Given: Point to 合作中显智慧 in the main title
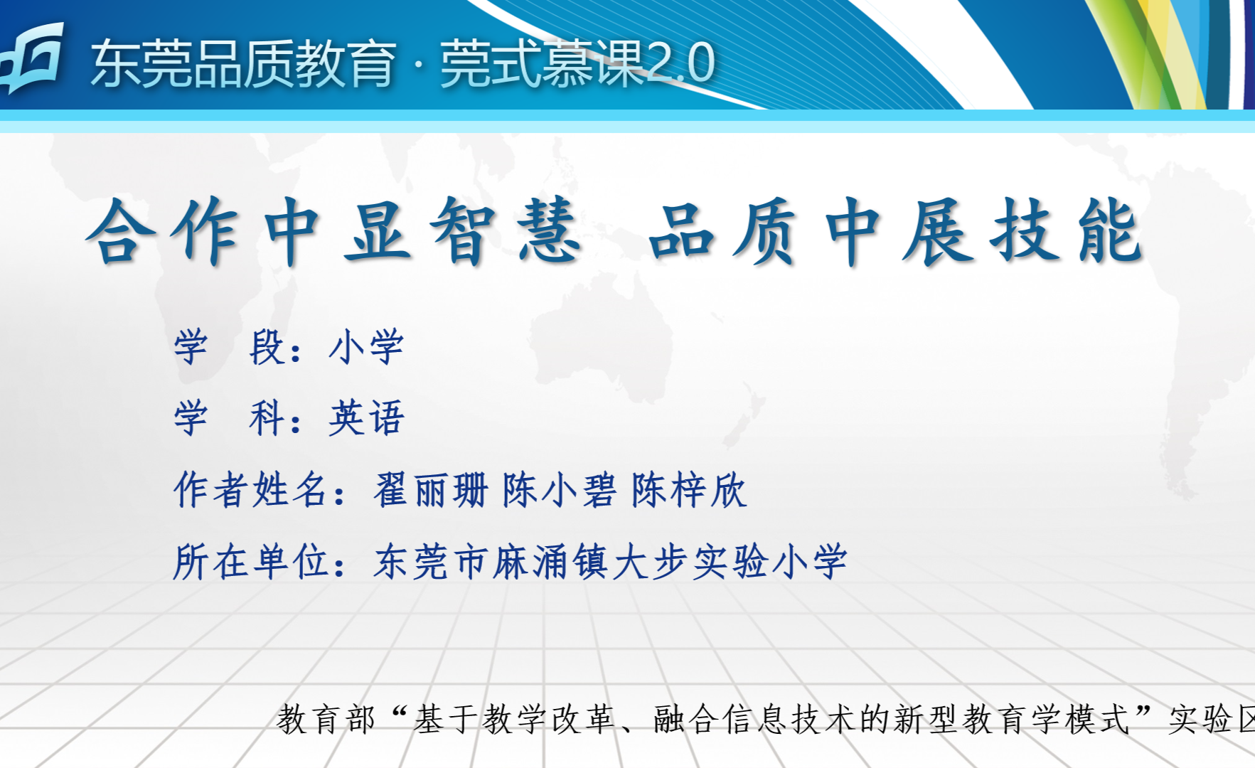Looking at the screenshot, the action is [x=333, y=231].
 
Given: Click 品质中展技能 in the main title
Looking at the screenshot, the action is [x=896, y=231].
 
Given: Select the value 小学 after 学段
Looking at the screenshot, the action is [x=366, y=347].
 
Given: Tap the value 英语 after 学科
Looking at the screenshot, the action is [x=366, y=417].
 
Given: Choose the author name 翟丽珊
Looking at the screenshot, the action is [x=431, y=490].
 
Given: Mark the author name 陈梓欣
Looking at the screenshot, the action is [x=689, y=490].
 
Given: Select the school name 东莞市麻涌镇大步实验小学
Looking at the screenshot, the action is [x=610, y=562].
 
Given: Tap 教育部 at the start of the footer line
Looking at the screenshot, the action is [x=326, y=719].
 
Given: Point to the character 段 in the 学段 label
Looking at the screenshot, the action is [x=267, y=347].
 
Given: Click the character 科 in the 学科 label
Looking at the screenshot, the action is [x=267, y=417].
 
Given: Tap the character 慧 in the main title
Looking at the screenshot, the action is [x=548, y=231].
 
